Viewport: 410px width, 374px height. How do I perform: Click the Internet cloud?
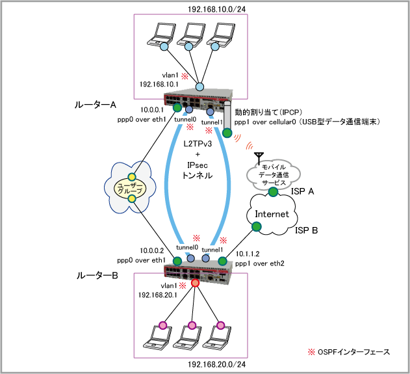[268, 214]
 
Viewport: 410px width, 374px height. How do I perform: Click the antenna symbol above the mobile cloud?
[259, 157]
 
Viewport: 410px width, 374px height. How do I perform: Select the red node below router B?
[195, 284]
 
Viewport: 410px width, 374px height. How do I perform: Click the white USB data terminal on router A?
[227, 116]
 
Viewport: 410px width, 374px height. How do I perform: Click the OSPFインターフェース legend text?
[353, 352]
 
